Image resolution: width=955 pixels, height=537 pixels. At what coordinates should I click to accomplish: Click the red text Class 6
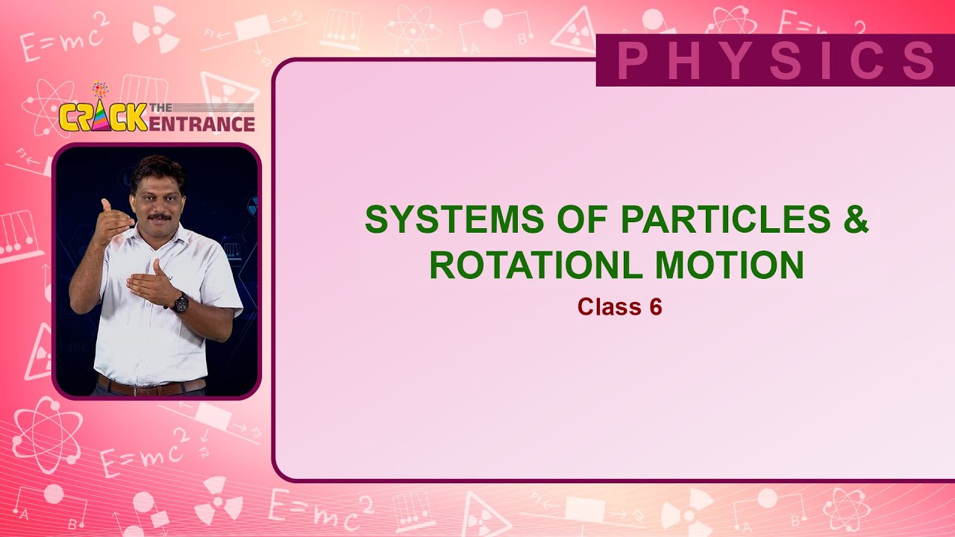[619, 307]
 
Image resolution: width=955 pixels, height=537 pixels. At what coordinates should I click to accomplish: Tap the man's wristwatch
[181, 302]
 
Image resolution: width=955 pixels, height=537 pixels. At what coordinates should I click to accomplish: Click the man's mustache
[158, 217]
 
